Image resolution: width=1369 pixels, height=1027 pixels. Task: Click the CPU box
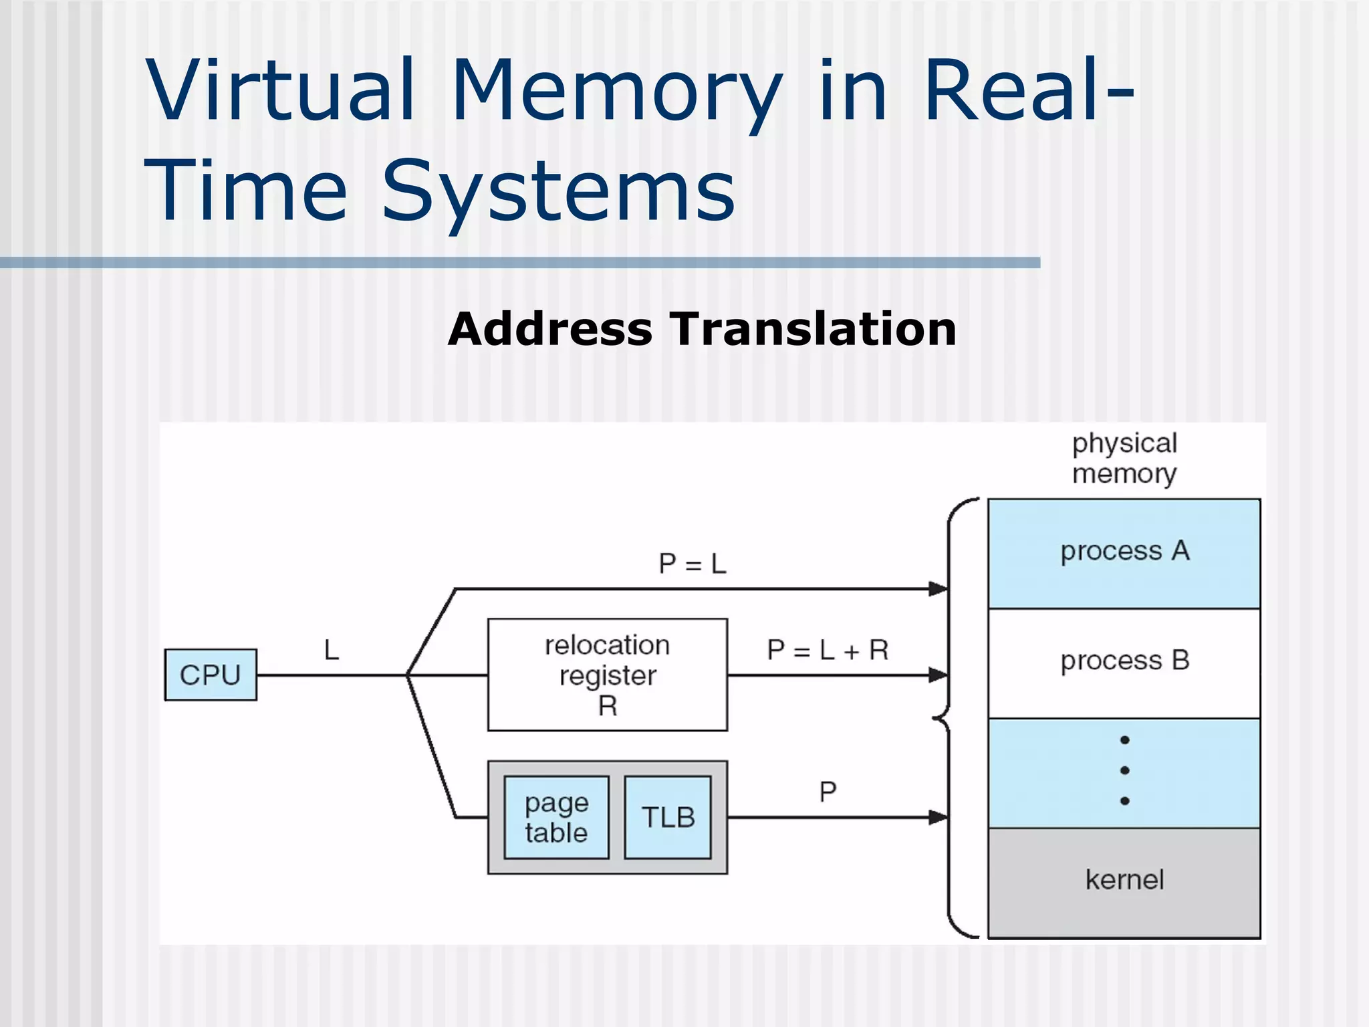click(x=211, y=675)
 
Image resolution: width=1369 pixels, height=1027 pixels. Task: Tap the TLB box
click(x=668, y=817)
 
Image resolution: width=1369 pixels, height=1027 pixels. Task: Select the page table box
click(x=556, y=817)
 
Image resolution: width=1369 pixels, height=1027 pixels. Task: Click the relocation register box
click(x=607, y=675)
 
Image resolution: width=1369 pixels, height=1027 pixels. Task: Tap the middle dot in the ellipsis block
click(x=1125, y=770)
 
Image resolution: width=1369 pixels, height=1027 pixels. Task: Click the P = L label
click(x=692, y=564)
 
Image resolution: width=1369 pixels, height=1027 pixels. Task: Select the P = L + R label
click(x=828, y=650)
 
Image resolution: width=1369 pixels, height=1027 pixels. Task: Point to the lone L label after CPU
click(x=332, y=650)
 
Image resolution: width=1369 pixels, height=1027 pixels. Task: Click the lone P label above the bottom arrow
click(x=828, y=792)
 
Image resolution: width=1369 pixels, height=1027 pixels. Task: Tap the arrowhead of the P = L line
click(x=939, y=589)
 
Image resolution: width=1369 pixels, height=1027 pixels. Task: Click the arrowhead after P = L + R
click(x=939, y=675)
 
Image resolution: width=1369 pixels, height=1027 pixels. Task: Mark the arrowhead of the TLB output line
click(x=939, y=817)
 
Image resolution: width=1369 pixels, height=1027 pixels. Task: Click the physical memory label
click(x=1124, y=459)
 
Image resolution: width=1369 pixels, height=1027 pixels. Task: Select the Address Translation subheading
click(x=702, y=329)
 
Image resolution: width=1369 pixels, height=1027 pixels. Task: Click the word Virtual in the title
click(x=281, y=90)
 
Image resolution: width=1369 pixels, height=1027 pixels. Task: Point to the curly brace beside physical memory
click(x=948, y=719)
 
